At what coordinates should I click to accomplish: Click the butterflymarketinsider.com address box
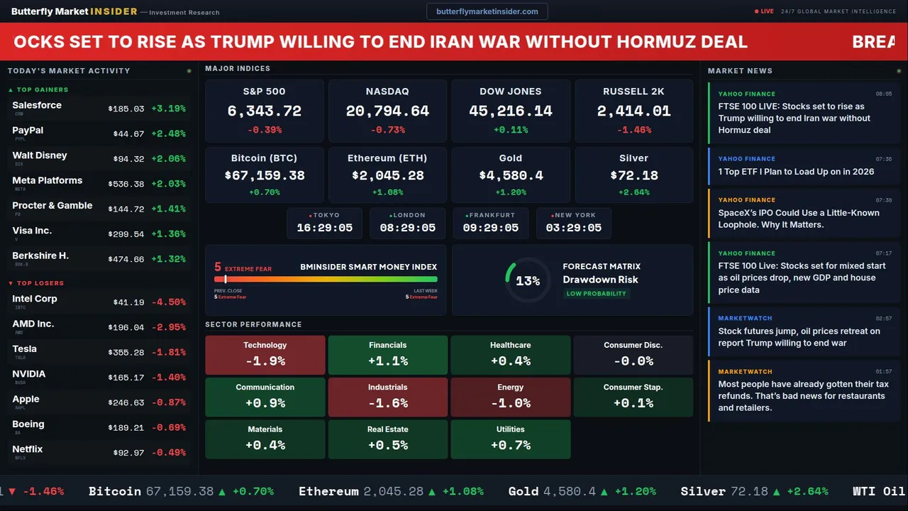pos(487,11)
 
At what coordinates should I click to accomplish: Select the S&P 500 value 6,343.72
pos(264,111)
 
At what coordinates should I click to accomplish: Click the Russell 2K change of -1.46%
pos(633,131)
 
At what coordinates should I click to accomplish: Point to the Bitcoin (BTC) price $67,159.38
pos(264,175)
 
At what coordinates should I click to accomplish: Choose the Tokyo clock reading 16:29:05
pos(324,228)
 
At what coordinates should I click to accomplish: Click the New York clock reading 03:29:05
pos(573,228)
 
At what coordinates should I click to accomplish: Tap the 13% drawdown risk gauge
pos(528,280)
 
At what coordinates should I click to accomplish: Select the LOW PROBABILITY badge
pos(596,294)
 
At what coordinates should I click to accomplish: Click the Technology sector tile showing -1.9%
pos(265,354)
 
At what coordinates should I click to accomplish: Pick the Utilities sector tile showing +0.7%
pos(510,439)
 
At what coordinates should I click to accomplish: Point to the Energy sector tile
pos(510,397)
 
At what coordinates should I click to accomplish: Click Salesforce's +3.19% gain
pos(168,109)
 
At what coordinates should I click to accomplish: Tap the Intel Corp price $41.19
pos(128,302)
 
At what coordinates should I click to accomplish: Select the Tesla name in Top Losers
pos(25,349)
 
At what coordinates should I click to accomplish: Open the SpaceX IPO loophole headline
pos(798,219)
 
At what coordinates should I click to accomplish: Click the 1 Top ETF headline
pos(796,172)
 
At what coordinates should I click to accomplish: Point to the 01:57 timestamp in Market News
pos(883,371)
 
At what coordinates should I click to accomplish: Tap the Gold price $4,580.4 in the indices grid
pos(510,175)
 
